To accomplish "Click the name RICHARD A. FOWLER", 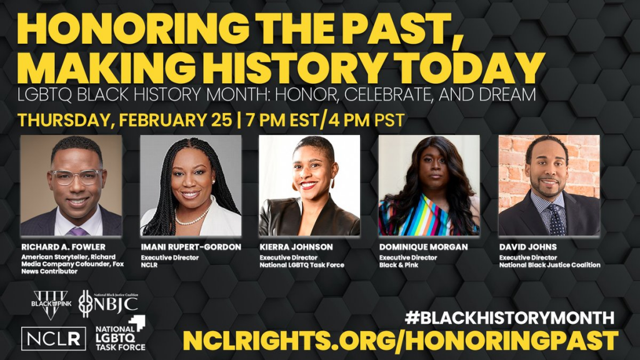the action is click(63, 247).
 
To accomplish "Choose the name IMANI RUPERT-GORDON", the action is click(191, 247).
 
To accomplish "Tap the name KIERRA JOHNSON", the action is click(296, 247).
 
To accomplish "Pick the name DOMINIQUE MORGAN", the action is click(423, 247).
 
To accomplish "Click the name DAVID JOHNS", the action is click(527, 247).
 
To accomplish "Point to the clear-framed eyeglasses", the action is click(75, 177).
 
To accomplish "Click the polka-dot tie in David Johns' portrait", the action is click(556, 221).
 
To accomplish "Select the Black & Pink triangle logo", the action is click(51, 304).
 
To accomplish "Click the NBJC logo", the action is click(108, 303).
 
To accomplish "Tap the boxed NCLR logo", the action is click(54, 338).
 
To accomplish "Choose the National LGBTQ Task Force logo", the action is click(121, 334).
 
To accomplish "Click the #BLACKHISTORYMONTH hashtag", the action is click(509, 317).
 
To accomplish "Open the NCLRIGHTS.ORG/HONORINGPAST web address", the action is click(401, 340).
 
